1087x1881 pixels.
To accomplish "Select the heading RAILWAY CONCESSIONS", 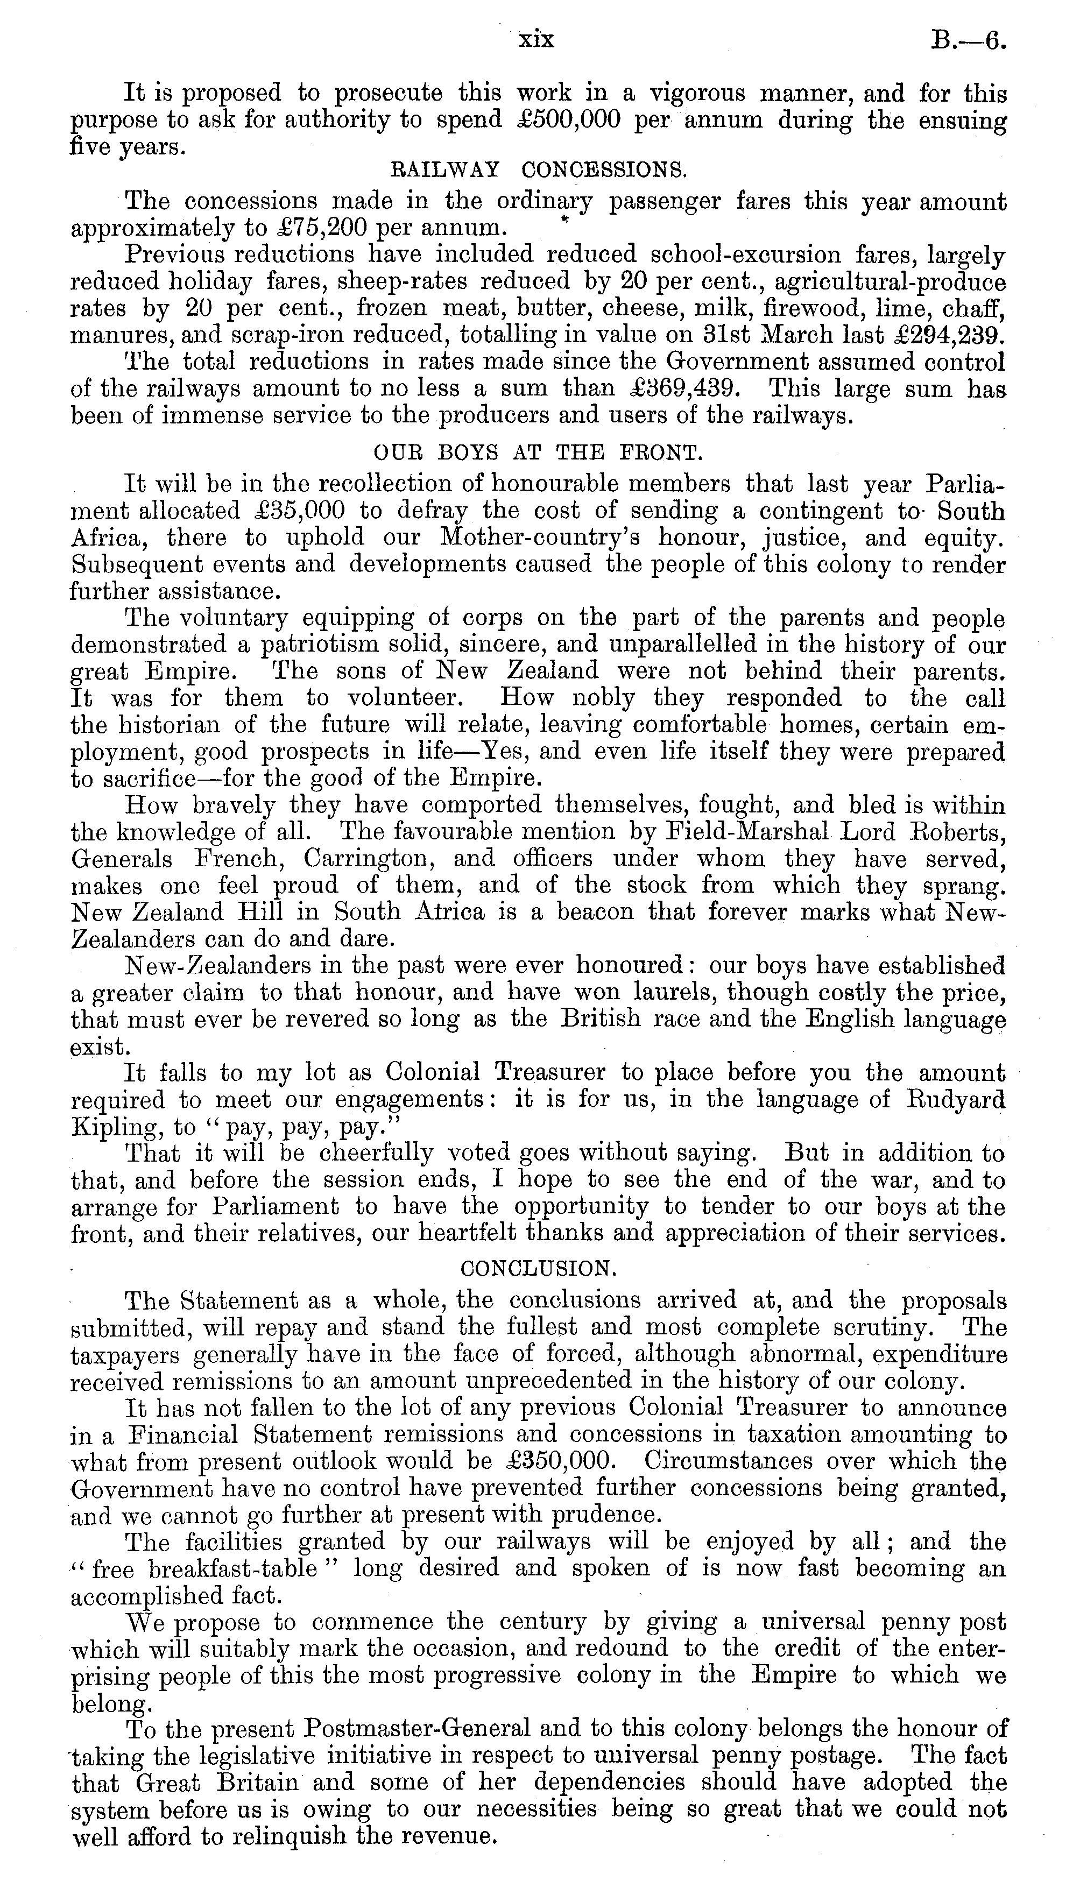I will (x=538, y=169).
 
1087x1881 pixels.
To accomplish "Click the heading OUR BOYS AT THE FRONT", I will (x=537, y=452).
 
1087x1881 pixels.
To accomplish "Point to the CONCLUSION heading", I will (x=538, y=1268).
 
